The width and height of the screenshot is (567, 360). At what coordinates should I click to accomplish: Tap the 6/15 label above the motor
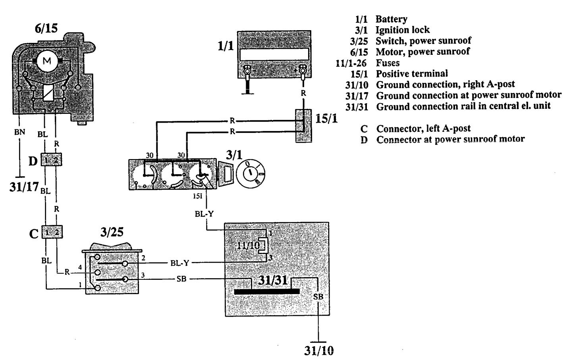click(46, 28)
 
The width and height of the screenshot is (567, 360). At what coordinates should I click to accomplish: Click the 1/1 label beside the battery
click(226, 46)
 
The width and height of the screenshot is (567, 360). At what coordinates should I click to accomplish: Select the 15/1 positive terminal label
click(326, 118)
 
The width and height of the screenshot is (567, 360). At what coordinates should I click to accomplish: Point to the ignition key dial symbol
click(251, 173)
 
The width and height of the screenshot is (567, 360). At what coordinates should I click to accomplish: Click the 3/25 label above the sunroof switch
click(112, 232)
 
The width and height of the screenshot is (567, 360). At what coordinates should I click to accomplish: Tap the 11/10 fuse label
click(248, 245)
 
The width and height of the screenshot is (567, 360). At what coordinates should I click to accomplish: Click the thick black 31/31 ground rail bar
click(267, 291)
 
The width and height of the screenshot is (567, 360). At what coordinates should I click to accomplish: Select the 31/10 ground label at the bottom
click(319, 350)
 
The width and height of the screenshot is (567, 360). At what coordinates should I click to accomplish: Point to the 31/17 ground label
click(24, 187)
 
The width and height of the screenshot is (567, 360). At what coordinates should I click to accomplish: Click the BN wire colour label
click(19, 132)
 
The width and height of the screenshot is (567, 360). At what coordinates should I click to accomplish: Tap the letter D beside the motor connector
click(33, 161)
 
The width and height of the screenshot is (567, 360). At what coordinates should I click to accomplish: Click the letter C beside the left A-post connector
click(34, 234)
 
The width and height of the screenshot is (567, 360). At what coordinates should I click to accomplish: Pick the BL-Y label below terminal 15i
click(204, 214)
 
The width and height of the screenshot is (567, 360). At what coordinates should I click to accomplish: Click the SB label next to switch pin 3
click(181, 279)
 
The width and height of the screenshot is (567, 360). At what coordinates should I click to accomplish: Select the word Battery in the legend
click(391, 19)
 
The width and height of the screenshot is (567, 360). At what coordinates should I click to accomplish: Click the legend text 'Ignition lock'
click(403, 30)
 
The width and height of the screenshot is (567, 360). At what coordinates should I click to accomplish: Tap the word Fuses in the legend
click(388, 63)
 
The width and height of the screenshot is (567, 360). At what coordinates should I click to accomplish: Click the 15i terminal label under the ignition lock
click(198, 196)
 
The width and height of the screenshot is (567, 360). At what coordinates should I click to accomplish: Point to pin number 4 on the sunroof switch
click(80, 267)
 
